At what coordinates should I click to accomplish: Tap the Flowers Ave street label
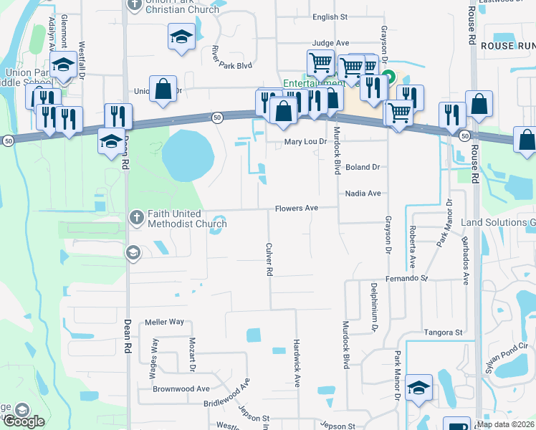coord(297,209)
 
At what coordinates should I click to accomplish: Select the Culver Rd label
coord(269,259)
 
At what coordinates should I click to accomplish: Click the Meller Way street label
coord(165,322)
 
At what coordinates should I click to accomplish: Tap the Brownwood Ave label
coord(181,388)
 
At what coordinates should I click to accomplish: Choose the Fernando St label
coord(406,277)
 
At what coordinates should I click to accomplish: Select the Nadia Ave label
coord(363,193)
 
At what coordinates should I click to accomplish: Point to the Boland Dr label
coord(362,167)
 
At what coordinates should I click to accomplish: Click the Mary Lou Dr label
coord(305,141)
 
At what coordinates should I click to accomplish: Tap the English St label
coord(330,16)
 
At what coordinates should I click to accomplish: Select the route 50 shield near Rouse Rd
coord(465,135)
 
